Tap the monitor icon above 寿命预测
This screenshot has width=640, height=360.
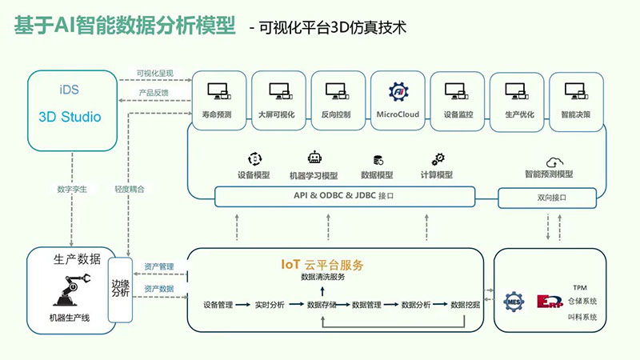click(218, 92)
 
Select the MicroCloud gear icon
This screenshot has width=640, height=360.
click(398, 91)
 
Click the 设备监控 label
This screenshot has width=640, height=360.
click(458, 114)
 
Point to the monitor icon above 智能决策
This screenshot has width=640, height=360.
click(576, 92)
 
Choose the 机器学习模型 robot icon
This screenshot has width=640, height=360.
click(314, 158)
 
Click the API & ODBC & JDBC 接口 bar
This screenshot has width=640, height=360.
click(343, 195)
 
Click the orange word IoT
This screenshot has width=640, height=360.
click(290, 265)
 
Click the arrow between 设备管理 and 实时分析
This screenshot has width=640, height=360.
click(242, 304)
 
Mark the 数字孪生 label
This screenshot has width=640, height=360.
click(71, 190)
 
